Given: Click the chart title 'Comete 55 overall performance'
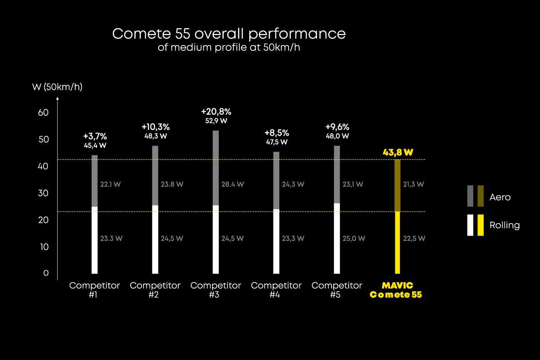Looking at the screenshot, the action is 229,34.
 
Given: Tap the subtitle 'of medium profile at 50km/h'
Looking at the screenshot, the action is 229,47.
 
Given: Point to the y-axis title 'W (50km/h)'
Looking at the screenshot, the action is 57,87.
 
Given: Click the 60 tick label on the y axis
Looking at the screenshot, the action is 43,113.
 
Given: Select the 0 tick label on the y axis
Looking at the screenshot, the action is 46,273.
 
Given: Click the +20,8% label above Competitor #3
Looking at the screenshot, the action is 216,112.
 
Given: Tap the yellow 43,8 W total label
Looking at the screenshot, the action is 398,152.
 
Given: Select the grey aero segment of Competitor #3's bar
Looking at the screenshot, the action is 216,168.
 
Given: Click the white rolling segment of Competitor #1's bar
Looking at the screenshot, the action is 95,240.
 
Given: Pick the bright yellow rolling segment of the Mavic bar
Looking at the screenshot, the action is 398,243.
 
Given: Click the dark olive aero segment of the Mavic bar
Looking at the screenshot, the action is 398,185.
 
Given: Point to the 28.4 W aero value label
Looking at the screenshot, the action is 233,184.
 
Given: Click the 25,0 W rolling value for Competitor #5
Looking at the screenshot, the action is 354,239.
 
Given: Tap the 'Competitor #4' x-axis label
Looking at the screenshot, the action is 276,290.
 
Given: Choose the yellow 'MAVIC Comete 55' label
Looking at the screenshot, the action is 396,290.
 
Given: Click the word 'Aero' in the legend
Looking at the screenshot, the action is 500,197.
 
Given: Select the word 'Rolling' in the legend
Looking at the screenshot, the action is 505,225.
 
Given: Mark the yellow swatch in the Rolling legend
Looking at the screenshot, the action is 481,225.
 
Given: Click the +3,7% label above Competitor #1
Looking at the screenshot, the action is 95,136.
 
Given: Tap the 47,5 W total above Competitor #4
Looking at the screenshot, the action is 277,142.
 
